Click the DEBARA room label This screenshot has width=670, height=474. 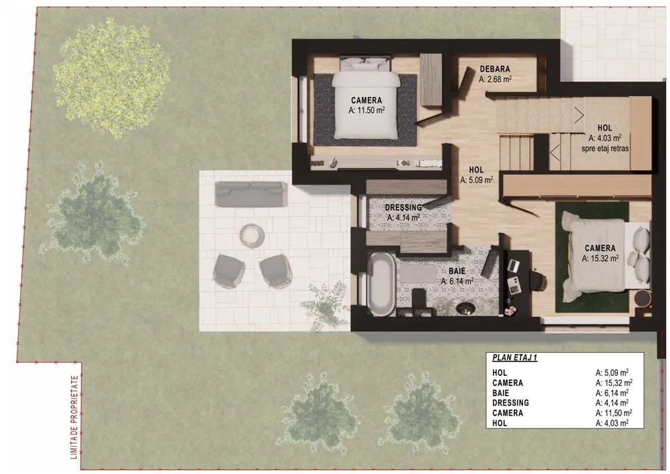click(x=495, y=69)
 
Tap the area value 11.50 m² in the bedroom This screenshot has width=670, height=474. click(x=367, y=110)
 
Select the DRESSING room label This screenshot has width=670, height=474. click(x=403, y=207)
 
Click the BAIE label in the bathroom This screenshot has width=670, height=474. click(x=457, y=271)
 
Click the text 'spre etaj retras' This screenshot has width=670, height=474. click(x=604, y=148)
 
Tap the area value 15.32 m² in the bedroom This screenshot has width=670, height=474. click(x=600, y=259)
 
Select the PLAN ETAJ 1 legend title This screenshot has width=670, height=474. click(x=514, y=358)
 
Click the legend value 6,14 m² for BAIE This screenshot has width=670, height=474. click(x=612, y=393)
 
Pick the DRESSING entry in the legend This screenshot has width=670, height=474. click(x=511, y=403)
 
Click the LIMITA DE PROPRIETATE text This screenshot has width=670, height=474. click(x=75, y=417)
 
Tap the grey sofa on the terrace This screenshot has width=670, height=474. click(x=251, y=194)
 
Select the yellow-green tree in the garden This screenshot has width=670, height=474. click(x=112, y=78)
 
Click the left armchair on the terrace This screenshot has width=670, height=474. click(x=229, y=271)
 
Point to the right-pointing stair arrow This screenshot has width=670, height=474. click(x=579, y=115)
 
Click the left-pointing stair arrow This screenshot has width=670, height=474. click(x=555, y=152)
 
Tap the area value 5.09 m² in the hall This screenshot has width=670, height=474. click(x=476, y=180)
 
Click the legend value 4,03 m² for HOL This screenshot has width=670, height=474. click(x=612, y=423)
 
